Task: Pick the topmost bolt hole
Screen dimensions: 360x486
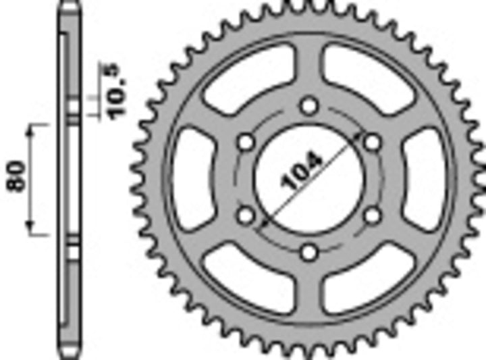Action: tap(309, 106)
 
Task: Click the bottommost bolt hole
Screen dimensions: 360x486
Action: tap(309, 253)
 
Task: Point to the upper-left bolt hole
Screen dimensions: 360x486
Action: tap(246, 143)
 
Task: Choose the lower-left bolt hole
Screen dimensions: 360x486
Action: tap(246, 215)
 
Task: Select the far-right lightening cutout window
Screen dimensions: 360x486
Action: tap(426, 179)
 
